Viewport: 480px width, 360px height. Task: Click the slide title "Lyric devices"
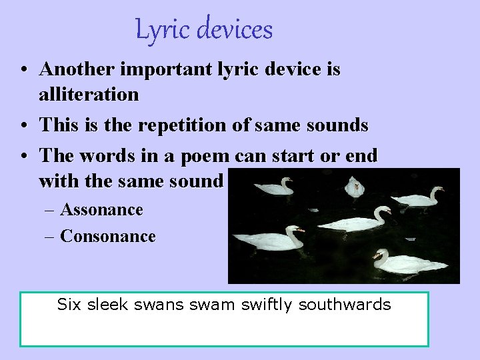pos(204,30)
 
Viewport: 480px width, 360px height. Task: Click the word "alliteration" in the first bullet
pos(89,95)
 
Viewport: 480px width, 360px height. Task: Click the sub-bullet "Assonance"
pos(101,210)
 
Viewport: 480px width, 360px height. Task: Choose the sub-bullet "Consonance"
pos(107,236)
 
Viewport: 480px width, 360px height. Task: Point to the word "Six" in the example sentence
pos(68,305)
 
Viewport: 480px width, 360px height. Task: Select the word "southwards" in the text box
pos(345,305)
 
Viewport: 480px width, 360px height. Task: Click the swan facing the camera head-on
pos(353,187)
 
